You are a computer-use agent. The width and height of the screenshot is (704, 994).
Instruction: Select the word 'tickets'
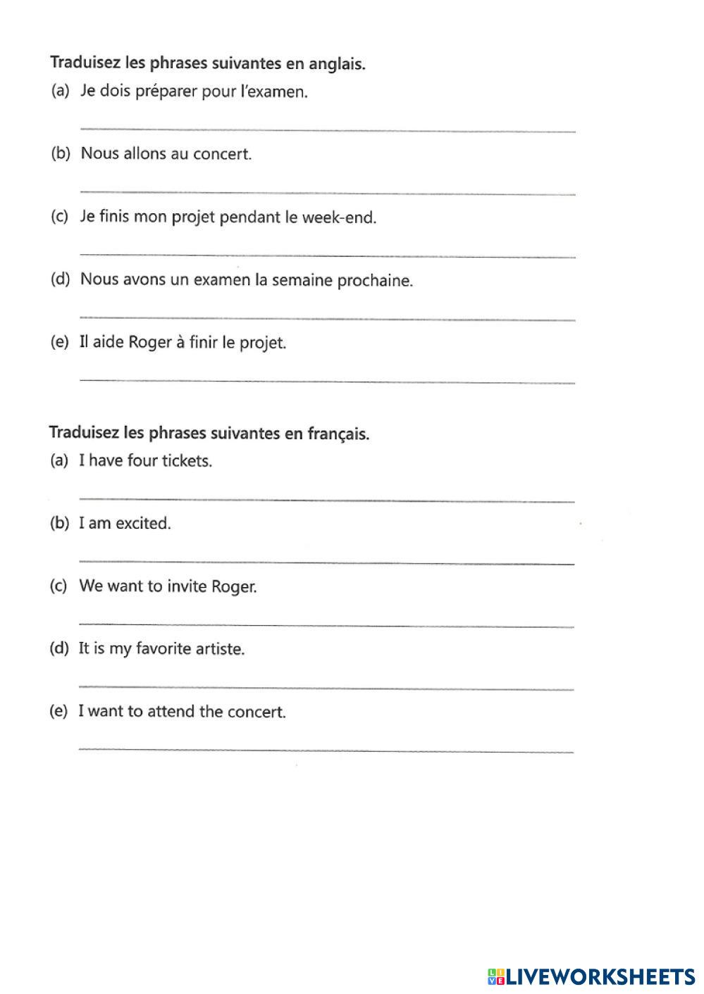(187, 461)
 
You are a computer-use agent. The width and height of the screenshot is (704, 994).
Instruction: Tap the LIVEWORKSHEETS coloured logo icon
(495, 976)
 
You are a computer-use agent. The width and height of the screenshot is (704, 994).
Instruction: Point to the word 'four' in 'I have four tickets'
(142, 461)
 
